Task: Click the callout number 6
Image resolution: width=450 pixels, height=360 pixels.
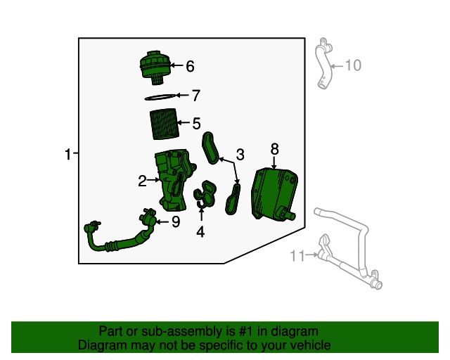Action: coord(190,67)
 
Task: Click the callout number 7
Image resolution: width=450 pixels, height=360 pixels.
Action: coord(196,96)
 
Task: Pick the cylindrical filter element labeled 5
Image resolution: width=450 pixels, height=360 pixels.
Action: coord(166,123)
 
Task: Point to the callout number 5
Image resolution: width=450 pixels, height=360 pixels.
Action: coord(196,124)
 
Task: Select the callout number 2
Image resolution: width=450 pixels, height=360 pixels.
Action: coord(142,181)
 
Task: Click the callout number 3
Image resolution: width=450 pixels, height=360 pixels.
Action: coord(240,154)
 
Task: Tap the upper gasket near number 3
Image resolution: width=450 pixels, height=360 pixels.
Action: coord(211,148)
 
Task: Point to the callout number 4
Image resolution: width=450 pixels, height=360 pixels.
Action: coord(201,231)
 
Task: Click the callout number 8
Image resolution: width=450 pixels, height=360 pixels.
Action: coord(275,148)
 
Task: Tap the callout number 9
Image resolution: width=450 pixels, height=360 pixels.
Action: coord(175,222)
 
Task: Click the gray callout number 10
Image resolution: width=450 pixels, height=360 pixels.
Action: coord(352,65)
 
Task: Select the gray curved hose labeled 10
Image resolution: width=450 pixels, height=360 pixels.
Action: coord(326,63)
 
